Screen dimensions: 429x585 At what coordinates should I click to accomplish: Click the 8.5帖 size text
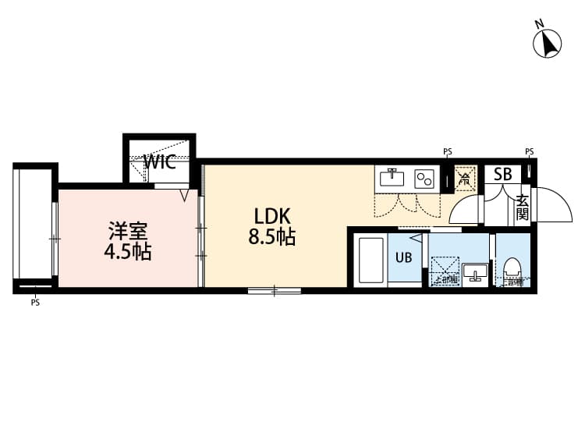(271, 238)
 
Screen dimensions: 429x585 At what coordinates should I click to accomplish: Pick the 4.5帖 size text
(127, 253)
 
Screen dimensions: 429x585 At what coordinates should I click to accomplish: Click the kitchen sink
(392, 178)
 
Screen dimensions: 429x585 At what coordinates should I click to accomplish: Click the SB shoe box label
(502, 174)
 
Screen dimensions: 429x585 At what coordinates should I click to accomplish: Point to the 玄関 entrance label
(522, 207)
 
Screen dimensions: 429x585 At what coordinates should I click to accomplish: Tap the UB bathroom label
(404, 257)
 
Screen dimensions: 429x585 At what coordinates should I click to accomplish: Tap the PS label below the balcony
(35, 303)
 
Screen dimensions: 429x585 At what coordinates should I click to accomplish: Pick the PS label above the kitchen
(447, 151)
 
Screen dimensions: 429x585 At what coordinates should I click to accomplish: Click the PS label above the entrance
(530, 151)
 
